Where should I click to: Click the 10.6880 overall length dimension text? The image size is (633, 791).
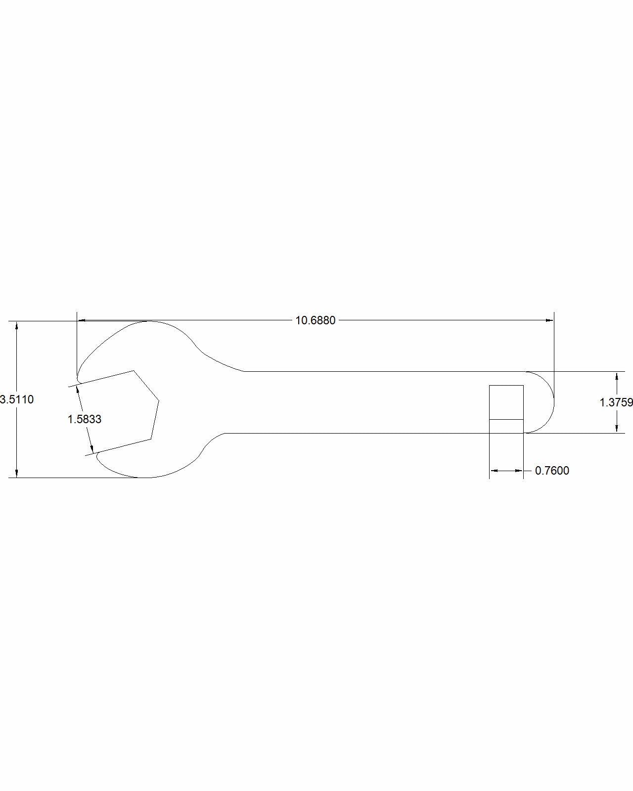[x=316, y=320]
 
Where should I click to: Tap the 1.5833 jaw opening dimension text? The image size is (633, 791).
[x=85, y=419]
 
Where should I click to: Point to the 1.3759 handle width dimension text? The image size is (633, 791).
[x=616, y=402]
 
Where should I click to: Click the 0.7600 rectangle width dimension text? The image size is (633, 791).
[x=552, y=471]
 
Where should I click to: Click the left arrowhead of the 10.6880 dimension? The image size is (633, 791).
[x=82, y=320]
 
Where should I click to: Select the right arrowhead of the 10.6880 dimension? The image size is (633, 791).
[x=549, y=320]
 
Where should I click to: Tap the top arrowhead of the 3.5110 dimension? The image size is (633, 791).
[x=17, y=325]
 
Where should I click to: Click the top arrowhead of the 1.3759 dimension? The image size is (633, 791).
[x=617, y=376]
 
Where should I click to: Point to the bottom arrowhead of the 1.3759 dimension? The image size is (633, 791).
[x=617, y=429]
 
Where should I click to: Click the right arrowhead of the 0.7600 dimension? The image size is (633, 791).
[x=519, y=471]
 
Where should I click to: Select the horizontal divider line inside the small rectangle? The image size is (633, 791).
[x=506, y=419]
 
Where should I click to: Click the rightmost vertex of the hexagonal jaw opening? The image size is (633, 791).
[x=159, y=400]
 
